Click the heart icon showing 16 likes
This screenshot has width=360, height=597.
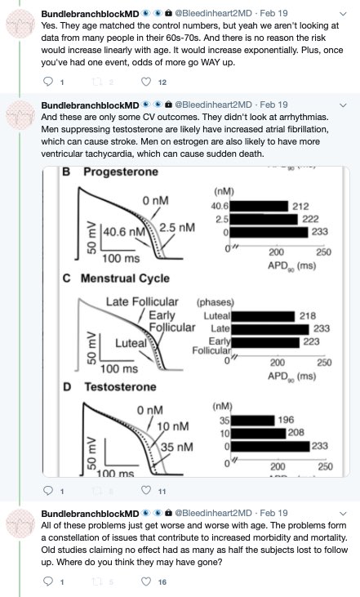146,581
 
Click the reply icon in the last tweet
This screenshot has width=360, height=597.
48,581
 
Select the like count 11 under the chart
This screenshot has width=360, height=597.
162,491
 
